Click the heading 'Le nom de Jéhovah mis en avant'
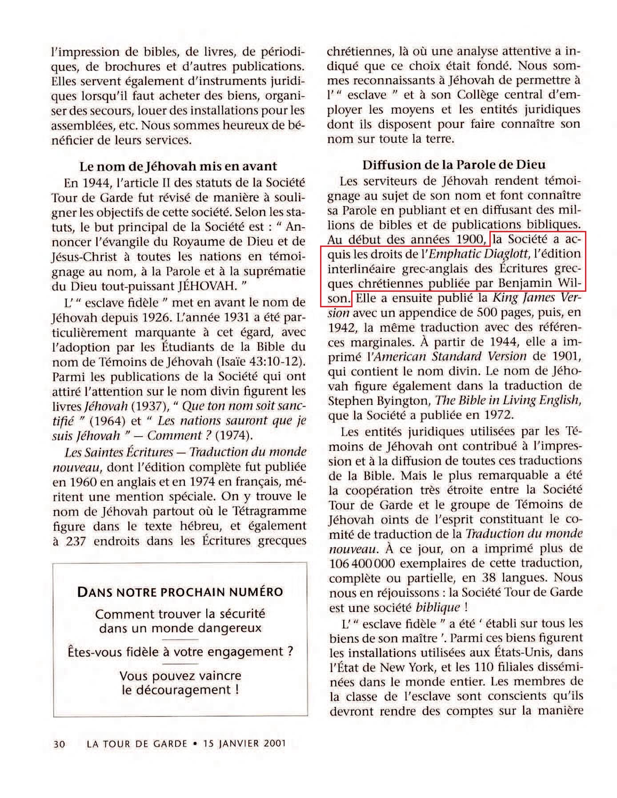(178, 167)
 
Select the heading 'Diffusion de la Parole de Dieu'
(454, 165)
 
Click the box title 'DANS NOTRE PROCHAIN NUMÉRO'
(180, 592)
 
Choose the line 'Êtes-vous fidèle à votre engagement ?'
(180, 652)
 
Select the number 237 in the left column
(75, 541)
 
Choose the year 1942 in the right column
(341, 328)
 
